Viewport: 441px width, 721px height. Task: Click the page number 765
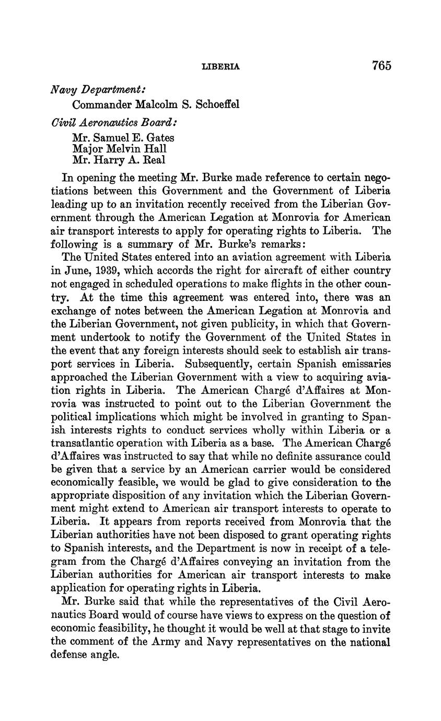point(381,66)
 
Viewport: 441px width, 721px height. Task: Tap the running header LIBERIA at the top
point(220,67)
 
